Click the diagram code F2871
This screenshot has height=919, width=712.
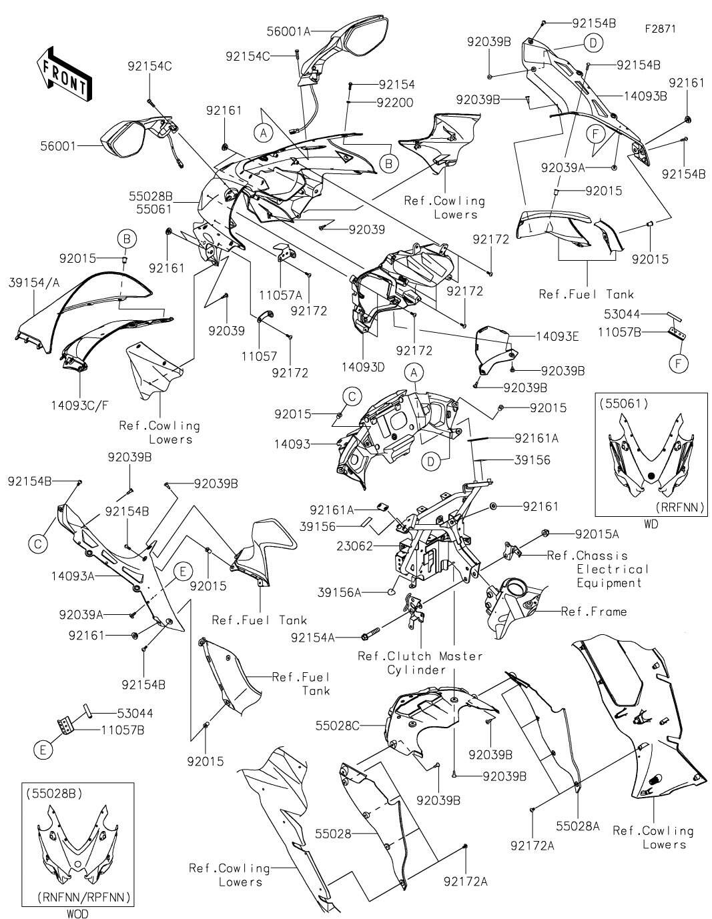pyautogui.click(x=661, y=29)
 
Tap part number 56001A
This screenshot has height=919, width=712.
pyautogui.click(x=288, y=31)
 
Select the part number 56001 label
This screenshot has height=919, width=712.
pyautogui.click(x=58, y=146)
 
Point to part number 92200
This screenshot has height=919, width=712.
pyautogui.click(x=395, y=102)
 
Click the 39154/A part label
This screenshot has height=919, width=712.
pyautogui.click(x=34, y=283)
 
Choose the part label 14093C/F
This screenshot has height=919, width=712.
pyautogui.click(x=80, y=405)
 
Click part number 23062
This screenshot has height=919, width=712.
pyautogui.click(x=354, y=546)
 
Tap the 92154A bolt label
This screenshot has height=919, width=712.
pyautogui.click(x=313, y=637)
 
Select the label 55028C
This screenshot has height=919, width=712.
pyautogui.click(x=337, y=726)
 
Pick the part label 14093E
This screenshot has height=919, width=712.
pyautogui.click(x=558, y=336)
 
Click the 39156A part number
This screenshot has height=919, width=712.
pyautogui.click(x=339, y=592)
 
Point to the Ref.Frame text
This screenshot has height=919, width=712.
pyautogui.click(x=593, y=611)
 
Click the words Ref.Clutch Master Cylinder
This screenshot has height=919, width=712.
pyautogui.click(x=420, y=663)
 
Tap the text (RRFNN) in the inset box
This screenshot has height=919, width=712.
pyautogui.click(x=680, y=507)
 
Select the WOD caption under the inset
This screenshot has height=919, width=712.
pyautogui.click(x=78, y=914)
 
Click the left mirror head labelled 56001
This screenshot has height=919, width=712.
pyautogui.click(x=123, y=138)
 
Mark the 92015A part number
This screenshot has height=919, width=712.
pyautogui.click(x=597, y=534)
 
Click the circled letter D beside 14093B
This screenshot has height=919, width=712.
pyautogui.click(x=593, y=43)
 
